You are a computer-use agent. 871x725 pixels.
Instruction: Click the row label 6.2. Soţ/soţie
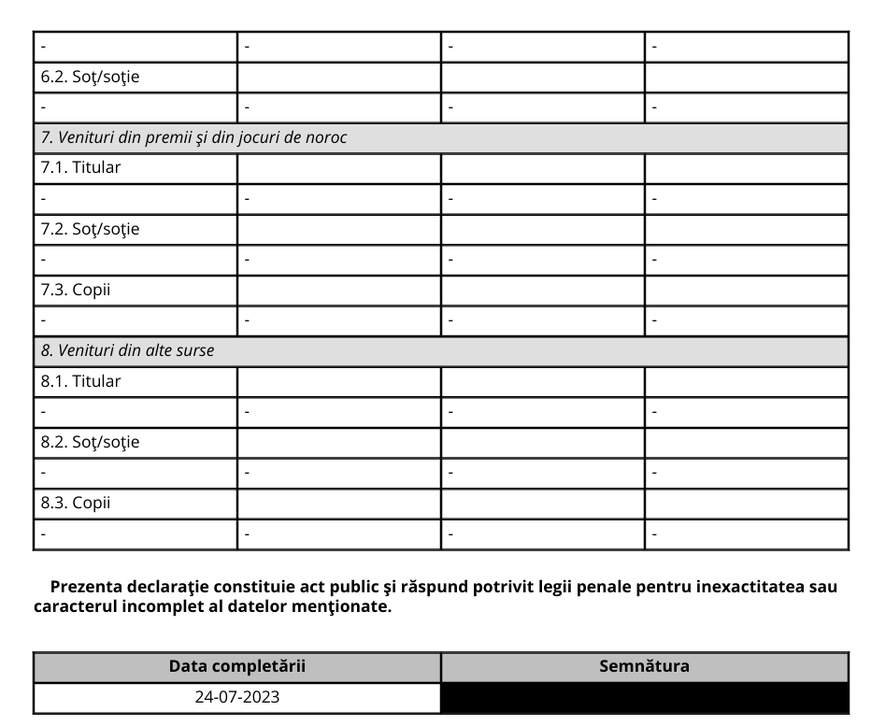[x=90, y=77]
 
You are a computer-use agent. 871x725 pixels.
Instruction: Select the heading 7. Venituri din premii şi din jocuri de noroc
[x=193, y=137]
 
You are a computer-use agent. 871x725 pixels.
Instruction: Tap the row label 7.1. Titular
[x=80, y=168]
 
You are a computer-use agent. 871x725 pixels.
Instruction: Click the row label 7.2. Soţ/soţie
[x=90, y=229]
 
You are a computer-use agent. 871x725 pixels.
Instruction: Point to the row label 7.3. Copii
[x=75, y=290]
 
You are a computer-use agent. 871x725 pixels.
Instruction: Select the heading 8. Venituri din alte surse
[x=127, y=350]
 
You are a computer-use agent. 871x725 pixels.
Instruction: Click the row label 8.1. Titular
[x=80, y=381]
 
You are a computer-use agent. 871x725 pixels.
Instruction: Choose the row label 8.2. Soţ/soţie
[x=90, y=442]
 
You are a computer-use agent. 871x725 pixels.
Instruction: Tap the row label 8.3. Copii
[x=75, y=503]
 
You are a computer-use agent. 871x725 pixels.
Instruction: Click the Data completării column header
[x=236, y=666]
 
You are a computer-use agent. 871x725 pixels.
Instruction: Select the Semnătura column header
[x=644, y=666]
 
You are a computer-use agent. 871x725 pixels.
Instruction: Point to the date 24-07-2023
[x=236, y=697]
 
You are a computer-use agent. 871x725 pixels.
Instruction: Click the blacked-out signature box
[x=644, y=698]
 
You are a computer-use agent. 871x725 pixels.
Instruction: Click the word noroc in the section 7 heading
[x=325, y=137]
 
